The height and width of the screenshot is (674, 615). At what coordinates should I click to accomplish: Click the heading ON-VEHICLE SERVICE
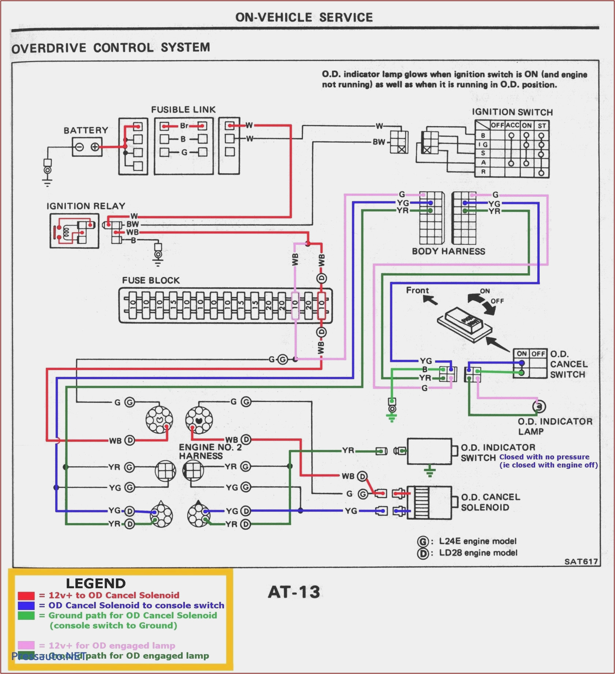coord(304,17)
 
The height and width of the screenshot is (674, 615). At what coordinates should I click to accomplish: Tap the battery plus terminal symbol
coord(95,147)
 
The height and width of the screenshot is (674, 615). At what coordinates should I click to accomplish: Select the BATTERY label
coord(86,130)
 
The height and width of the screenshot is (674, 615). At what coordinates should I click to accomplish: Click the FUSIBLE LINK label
coord(183,110)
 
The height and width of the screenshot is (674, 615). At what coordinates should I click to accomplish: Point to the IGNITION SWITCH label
coord(512,112)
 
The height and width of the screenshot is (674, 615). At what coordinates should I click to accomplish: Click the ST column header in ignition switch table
coord(542,126)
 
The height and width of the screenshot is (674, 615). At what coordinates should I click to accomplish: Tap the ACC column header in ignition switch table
coord(512,125)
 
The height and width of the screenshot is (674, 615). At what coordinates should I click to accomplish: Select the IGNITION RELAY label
coord(86,206)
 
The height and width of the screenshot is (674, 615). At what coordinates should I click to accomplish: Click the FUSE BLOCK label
coord(151,281)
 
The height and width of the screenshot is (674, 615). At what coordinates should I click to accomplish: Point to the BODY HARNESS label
coord(448,251)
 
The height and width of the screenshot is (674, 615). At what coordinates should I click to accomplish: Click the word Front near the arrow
coord(417,290)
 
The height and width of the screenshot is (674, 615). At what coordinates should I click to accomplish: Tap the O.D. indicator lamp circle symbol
coord(539,407)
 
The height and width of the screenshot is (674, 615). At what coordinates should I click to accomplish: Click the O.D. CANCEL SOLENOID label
coord(490,502)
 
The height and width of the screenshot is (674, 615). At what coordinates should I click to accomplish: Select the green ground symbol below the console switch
coord(392,417)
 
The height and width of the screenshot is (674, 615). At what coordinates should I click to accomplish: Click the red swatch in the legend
coord(26,596)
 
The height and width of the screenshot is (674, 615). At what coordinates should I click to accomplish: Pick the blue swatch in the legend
coord(26,606)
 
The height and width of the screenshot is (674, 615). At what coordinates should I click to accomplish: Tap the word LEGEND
coord(96,584)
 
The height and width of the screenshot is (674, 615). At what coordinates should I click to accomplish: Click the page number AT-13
coord(294,592)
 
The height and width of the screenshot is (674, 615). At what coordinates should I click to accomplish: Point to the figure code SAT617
coord(581,562)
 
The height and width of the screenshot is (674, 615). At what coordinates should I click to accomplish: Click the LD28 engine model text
coord(478,553)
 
